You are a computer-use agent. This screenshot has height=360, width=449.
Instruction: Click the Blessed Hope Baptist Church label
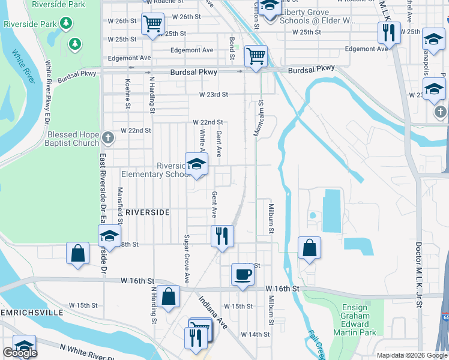click(73, 139)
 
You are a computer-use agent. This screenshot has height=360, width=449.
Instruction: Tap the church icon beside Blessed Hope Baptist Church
click(108, 139)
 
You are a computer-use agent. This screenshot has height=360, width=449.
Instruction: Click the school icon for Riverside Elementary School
click(196, 165)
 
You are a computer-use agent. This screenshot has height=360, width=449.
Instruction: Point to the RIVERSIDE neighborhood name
click(148, 212)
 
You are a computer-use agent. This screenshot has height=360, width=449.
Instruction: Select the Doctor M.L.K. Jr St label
click(419, 276)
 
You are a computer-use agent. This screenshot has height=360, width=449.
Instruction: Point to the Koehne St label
click(128, 94)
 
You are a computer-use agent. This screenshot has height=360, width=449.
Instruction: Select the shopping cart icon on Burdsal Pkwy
click(256, 56)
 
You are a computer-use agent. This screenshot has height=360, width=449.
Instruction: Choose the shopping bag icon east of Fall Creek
click(309, 248)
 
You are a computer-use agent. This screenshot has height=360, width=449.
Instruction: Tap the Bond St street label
click(232, 49)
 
